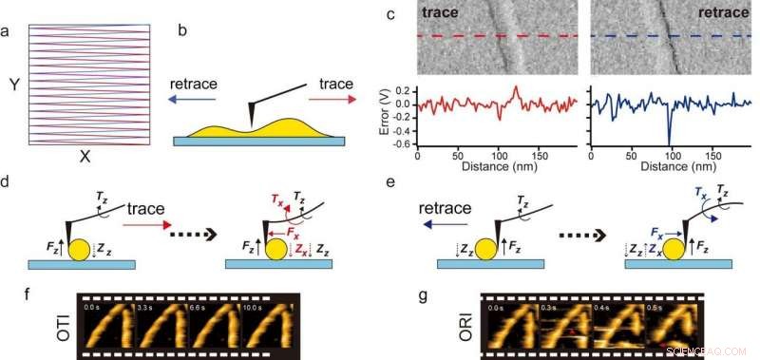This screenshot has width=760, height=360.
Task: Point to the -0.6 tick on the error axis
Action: (x=404, y=145)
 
